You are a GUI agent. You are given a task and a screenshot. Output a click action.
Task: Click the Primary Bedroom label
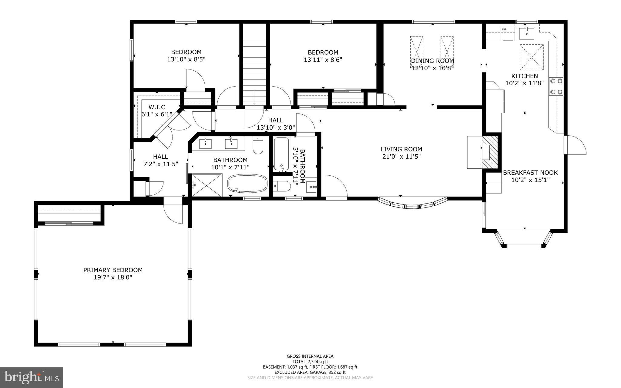113,270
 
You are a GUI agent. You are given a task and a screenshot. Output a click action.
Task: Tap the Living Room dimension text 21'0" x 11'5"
401,157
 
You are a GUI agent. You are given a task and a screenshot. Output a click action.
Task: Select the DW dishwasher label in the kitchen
504,29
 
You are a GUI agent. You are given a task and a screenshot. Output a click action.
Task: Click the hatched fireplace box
490,152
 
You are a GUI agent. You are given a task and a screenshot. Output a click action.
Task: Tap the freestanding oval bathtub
247,183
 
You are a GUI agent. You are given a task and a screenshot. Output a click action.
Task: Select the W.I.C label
157,107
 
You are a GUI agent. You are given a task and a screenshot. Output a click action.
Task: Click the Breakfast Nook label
530,173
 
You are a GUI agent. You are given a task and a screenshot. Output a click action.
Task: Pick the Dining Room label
432,61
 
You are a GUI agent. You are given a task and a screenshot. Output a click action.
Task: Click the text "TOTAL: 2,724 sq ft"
310,362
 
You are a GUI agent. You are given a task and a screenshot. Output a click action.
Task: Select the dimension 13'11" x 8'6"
323,60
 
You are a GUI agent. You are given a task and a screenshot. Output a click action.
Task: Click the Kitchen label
525,76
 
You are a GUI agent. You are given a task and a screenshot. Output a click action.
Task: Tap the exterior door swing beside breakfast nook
575,145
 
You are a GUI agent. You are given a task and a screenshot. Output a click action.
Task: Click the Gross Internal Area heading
310,356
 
